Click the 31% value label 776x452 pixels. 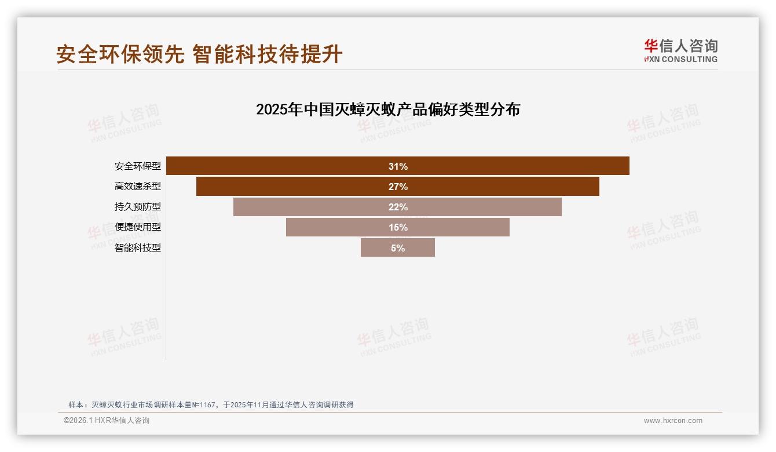(x=398, y=166)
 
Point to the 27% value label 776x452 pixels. (x=398, y=187)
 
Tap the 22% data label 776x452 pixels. (x=398, y=207)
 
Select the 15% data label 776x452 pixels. (x=398, y=227)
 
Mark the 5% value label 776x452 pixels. (x=398, y=248)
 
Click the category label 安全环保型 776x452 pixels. (x=138, y=166)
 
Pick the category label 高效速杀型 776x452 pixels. (x=138, y=187)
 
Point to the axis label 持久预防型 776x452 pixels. (x=138, y=207)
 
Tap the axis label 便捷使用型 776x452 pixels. (x=138, y=227)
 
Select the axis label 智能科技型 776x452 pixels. (x=138, y=247)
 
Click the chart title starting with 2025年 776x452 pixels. (x=388, y=110)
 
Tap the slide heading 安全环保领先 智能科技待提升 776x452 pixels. (x=199, y=54)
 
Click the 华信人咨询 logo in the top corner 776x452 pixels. (x=680, y=50)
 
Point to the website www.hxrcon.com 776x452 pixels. (x=673, y=421)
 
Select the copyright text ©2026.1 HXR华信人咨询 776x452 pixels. (x=107, y=421)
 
